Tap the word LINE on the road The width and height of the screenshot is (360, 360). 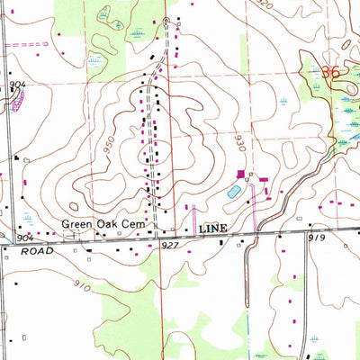pyautogui.click(x=215, y=229)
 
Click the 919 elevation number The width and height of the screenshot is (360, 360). pyautogui.click(x=316, y=238)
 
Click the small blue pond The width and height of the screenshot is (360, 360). pyautogui.click(x=233, y=192)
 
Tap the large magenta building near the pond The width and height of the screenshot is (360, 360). pyautogui.click(x=240, y=174)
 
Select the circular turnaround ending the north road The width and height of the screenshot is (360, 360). pyautogui.click(x=166, y=20)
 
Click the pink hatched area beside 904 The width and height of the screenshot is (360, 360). pyautogui.click(x=13, y=101)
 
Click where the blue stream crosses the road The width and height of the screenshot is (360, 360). pyautogui.click(x=256, y=233)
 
